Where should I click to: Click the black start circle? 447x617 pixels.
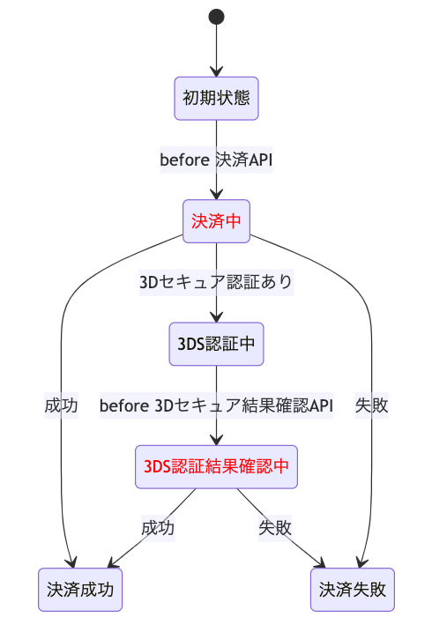(x=216, y=17)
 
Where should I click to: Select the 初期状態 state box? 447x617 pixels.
(x=216, y=99)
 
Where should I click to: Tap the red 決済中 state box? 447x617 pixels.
(x=216, y=221)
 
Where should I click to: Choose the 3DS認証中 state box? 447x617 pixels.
(x=216, y=344)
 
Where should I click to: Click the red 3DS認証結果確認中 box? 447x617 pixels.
(x=216, y=466)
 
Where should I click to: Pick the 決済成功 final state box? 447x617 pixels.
(x=80, y=590)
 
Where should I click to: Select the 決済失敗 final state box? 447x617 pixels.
(x=353, y=590)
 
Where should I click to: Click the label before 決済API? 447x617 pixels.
(x=216, y=160)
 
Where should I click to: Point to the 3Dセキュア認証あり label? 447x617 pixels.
(x=216, y=282)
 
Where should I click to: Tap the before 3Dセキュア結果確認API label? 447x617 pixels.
(x=216, y=405)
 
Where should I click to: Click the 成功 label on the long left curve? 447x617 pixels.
(x=61, y=405)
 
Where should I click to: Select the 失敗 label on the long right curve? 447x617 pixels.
(x=372, y=405)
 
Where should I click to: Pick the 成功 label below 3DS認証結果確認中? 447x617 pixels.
(x=158, y=528)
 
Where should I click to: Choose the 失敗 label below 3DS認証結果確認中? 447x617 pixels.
(x=275, y=528)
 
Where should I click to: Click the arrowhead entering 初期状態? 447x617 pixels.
(x=216, y=72)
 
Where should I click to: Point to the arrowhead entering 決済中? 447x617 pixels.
(x=216, y=195)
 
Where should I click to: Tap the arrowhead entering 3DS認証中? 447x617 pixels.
(x=216, y=317)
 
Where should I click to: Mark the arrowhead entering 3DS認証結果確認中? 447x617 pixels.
(x=216, y=441)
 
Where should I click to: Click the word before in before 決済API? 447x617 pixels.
(x=184, y=160)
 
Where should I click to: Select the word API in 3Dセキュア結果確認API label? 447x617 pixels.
(x=321, y=405)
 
